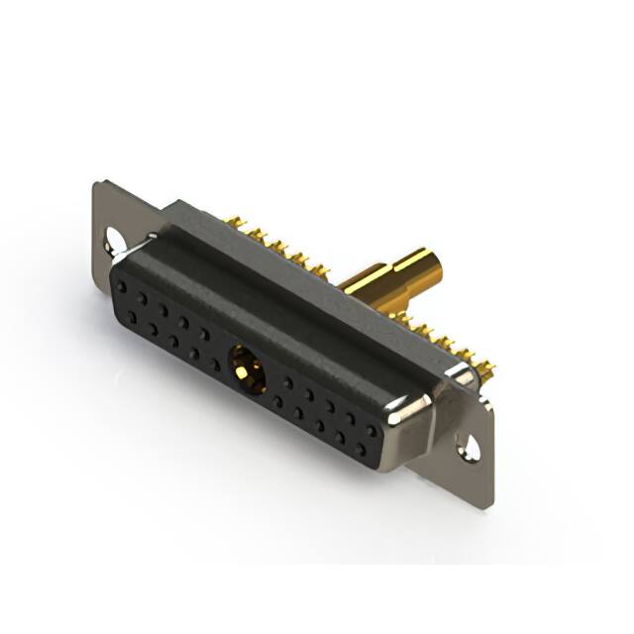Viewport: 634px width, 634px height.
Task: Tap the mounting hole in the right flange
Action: [x=471, y=449]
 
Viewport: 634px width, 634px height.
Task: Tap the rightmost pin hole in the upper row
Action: [x=371, y=432]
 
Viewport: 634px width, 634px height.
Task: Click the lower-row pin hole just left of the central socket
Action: [x=215, y=365]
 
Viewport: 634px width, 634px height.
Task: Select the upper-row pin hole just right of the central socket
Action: [x=287, y=381]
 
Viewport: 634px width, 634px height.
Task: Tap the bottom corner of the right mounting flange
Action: [x=488, y=506]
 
